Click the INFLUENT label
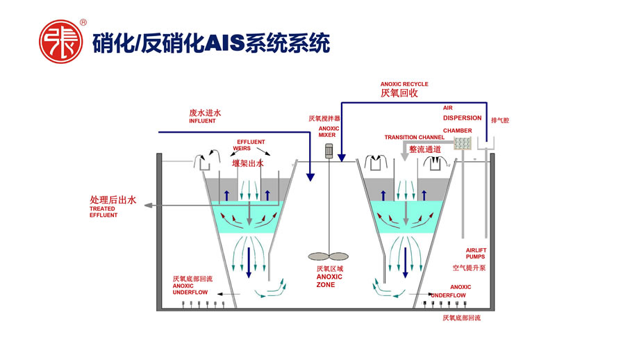202,121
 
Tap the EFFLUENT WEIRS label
251,145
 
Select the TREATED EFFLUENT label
103,212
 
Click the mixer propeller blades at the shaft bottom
329,254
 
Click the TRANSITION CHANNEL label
415,138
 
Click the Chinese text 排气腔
500,120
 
